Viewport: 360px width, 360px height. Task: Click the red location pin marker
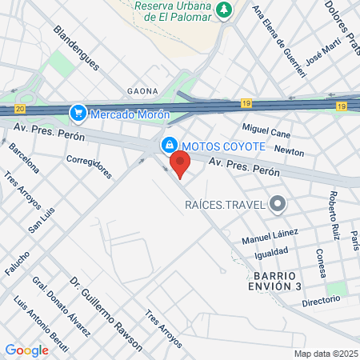pyautogui.click(x=179, y=164)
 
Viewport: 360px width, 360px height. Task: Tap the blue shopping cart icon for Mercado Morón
pyautogui.click(x=78, y=113)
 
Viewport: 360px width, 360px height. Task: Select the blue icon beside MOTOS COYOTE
pyautogui.click(x=169, y=146)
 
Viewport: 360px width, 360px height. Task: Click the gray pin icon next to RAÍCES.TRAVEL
pyautogui.click(x=278, y=205)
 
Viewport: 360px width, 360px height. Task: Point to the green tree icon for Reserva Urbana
pyautogui.click(x=226, y=10)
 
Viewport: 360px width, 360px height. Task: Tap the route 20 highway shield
pyautogui.click(x=20, y=108)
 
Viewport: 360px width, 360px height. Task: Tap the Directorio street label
pyautogui.click(x=321, y=301)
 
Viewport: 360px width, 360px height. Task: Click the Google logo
pyautogui.click(x=26, y=350)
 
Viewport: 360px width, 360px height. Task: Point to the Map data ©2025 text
pyautogui.click(x=324, y=354)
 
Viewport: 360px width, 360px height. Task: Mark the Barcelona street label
pyautogui.click(x=24, y=158)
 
